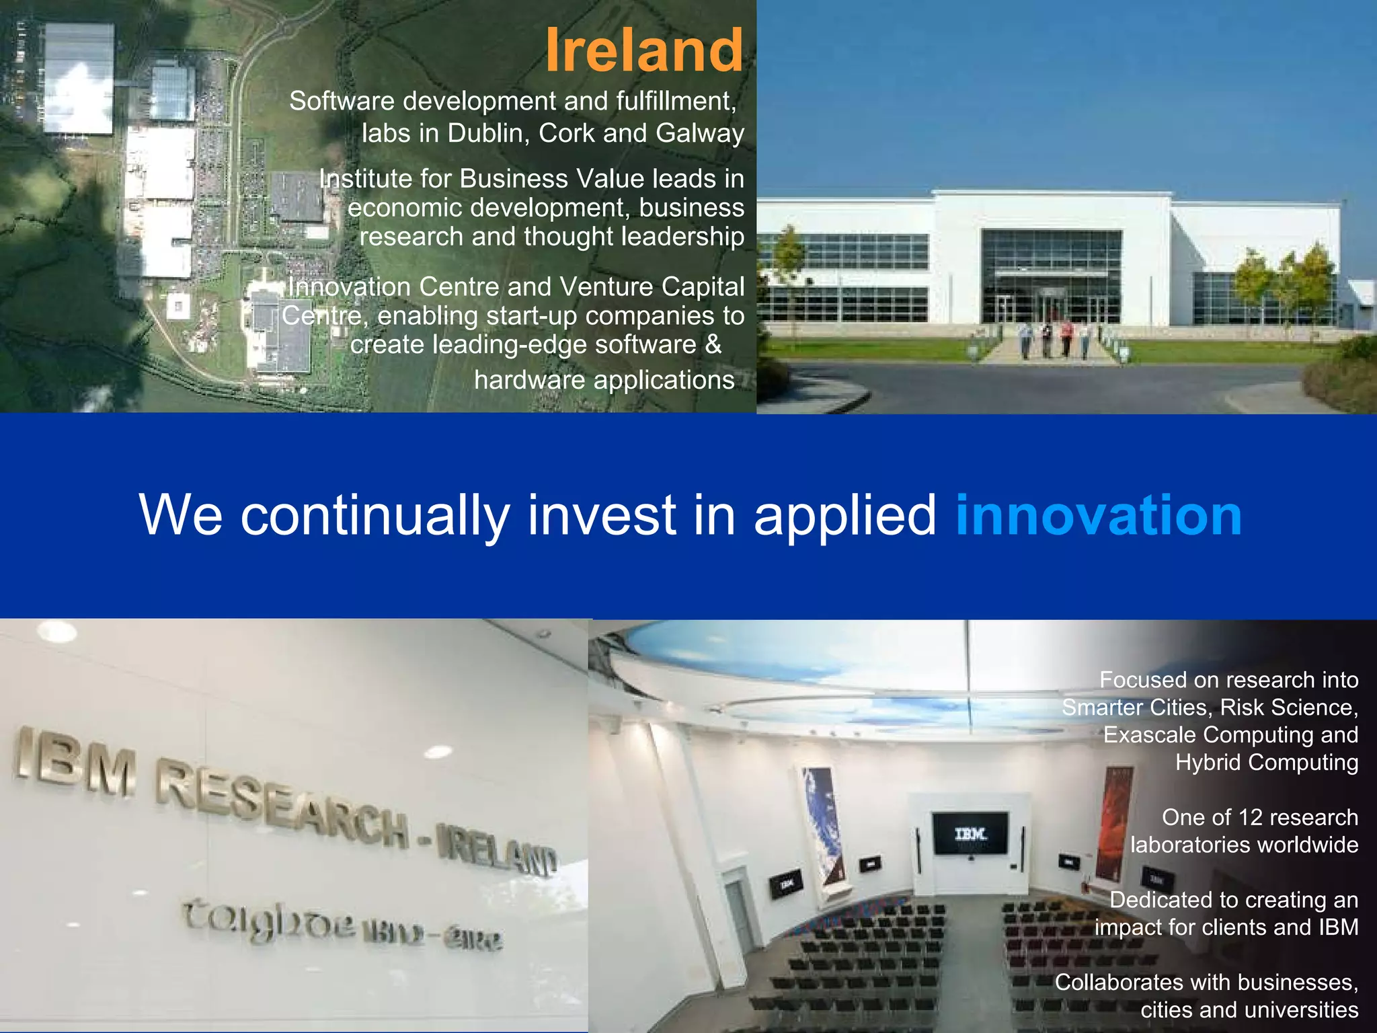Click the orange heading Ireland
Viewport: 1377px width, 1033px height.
[644, 50]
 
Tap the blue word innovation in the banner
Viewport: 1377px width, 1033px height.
[1098, 515]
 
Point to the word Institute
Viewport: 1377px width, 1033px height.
[366, 179]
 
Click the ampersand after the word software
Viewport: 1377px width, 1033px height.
[713, 344]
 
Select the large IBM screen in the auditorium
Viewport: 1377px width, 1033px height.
[970, 833]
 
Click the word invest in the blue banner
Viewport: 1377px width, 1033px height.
[601, 515]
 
